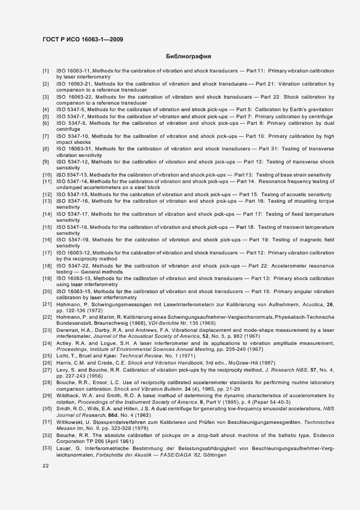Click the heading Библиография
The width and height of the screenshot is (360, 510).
click(188, 56)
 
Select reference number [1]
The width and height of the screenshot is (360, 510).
click(46, 71)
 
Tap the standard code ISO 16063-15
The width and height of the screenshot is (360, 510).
click(74, 291)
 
